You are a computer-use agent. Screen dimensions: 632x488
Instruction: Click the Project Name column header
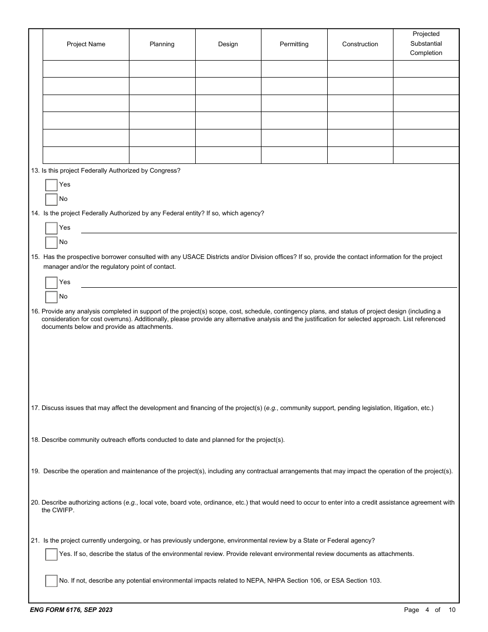pyautogui.click(x=86, y=44)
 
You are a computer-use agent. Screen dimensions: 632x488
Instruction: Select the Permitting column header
pyautogui.click(x=294, y=44)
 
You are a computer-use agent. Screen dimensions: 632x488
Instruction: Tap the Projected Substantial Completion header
pyautogui.click(x=426, y=44)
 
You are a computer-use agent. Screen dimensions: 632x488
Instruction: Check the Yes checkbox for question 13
pyautogui.click(x=51, y=185)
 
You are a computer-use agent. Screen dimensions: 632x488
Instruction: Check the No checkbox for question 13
pyautogui.click(x=51, y=199)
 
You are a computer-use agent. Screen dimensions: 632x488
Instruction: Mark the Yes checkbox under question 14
pyautogui.click(x=51, y=228)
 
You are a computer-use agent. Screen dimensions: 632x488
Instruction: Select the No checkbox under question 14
pyautogui.click(x=51, y=243)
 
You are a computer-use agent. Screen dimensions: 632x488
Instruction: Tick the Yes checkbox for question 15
pyautogui.click(x=51, y=283)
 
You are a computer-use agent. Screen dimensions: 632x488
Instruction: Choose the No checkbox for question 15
pyautogui.click(x=51, y=297)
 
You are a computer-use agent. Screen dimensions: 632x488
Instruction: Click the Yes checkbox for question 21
pyautogui.click(x=51, y=554)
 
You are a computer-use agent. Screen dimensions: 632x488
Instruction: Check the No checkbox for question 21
pyautogui.click(x=51, y=581)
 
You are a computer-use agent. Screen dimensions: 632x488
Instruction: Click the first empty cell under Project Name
pyautogui.click(x=86, y=69)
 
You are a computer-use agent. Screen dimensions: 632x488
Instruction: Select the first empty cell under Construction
pyautogui.click(x=360, y=69)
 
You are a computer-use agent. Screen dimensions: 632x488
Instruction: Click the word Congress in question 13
pyautogui.click(x=164, y=171)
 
